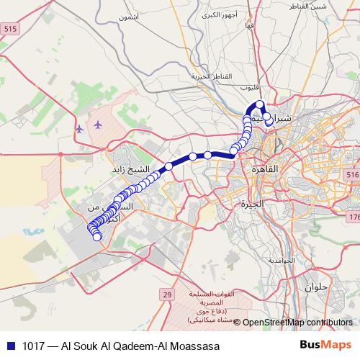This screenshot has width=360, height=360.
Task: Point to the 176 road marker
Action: (x=354, y=217)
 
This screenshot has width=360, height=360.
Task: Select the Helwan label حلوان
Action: (x=315, y=287)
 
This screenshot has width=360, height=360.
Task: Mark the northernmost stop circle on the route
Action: (x=261, y=105)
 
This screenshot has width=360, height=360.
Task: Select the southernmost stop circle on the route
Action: (x=97, y=237)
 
